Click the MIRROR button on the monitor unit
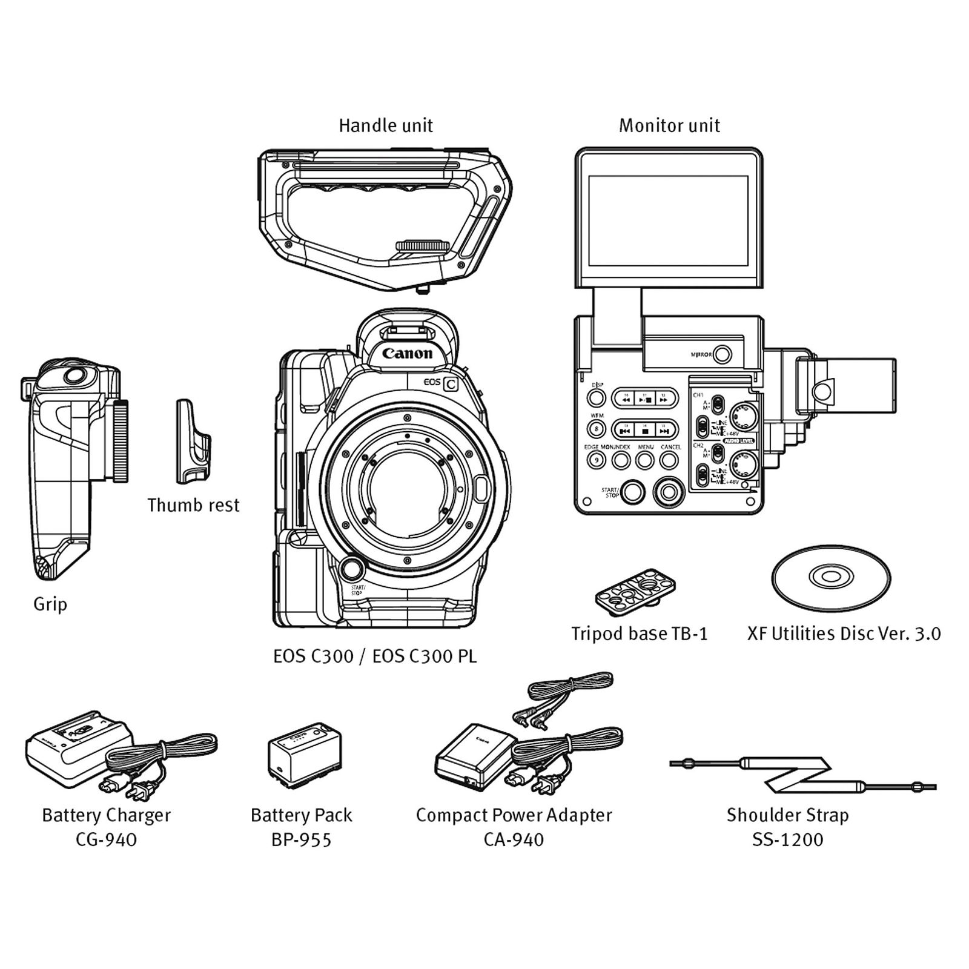point(722,354)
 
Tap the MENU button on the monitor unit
point(645,460)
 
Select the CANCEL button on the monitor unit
point(669,460)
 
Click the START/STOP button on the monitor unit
point(632,492)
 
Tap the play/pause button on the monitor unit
point(645,399)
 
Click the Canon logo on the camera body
point(408,354)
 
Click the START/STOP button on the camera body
point(352,569)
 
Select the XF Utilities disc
point(831,576)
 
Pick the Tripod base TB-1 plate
point(635,588)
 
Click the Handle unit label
point(386,126)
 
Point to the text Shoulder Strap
point(787,815)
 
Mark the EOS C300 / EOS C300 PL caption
point(375,656)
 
